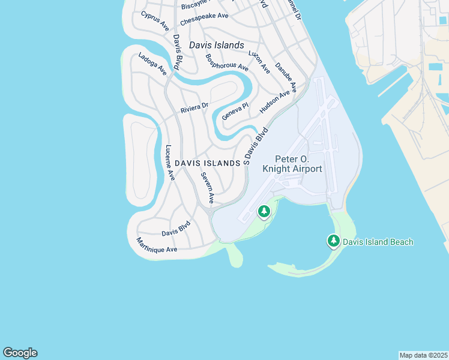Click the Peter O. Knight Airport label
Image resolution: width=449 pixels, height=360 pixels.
[292, 164]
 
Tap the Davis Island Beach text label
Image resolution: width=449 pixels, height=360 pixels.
[378, 242]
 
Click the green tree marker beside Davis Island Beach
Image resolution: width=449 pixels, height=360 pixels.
[333, 241]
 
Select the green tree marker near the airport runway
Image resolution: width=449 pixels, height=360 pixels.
[263, 211]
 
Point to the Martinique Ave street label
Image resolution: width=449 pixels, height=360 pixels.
[157, 245]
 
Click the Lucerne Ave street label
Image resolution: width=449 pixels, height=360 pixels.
[170, 163]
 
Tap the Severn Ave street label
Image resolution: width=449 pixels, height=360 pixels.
[207, 187]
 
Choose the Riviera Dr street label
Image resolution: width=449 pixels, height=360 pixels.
[194, 109]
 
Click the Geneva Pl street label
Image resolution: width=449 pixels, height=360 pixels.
[235, 111]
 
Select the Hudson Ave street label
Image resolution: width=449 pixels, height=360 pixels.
[274, 103]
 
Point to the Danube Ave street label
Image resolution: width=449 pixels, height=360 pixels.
[286, 77]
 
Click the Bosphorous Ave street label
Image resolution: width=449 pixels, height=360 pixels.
[226, 63]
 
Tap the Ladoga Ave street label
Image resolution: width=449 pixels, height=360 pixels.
[152, 64]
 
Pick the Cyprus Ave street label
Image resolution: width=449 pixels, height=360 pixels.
[155, 20]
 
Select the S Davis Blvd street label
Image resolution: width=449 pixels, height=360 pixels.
[255, 146]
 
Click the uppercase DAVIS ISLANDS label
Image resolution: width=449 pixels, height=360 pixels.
[208, 163]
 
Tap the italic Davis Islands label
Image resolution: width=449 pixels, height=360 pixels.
[217, 45]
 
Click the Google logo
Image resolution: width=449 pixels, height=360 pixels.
[20, 353]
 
